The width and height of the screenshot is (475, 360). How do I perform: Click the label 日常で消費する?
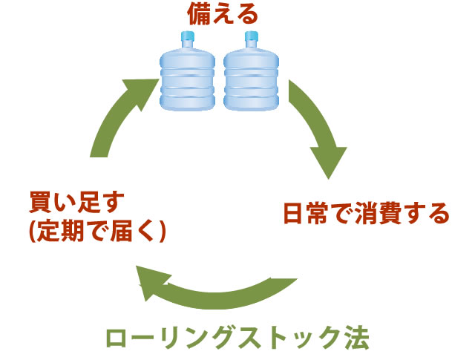click(367, 215)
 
